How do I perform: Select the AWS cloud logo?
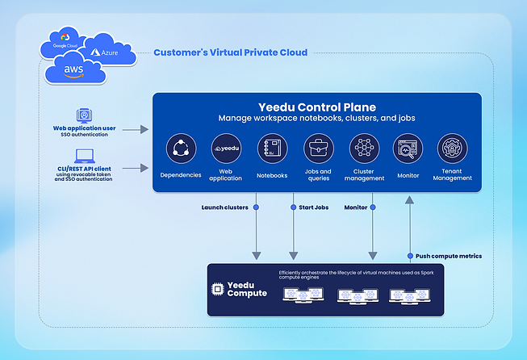[74, 71]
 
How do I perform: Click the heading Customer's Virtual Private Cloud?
[230, 53]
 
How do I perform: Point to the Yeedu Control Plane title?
[316, 107]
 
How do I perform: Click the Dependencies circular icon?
[181, 149]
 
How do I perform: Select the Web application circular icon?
[226, 149]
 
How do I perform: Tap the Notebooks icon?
[272, 149]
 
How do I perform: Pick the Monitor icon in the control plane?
[408, 149]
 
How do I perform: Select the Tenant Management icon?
[452, 149]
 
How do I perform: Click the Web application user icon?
[82, 115]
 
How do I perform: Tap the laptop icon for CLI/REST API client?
[82, 156]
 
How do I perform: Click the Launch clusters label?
[224, 207]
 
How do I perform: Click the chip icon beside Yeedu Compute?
[217, 290]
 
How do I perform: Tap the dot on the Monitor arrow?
[373, 207]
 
